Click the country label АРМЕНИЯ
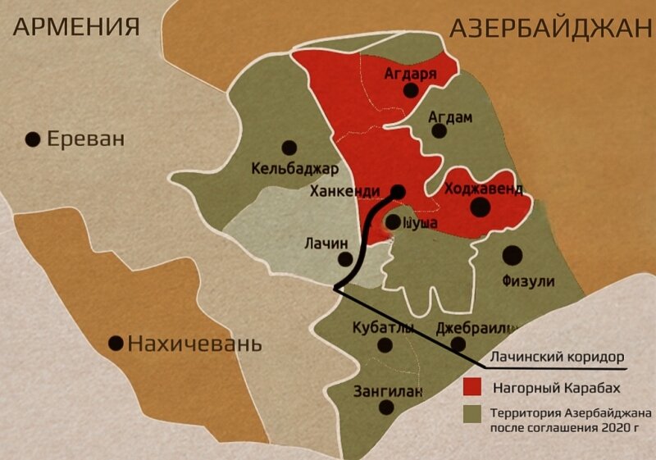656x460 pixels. pyautogui.click(x=76, y=26)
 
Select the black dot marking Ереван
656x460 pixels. pyautogui.click(x=33, y=139)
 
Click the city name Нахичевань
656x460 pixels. pyautogui.click(x=194, y=344)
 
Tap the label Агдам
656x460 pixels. pyautogui.click(x=451, y=117)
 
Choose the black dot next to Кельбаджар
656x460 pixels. pyautogui.click(x=289, y=148)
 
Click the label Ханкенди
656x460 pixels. pyautogui.click(x=344, y=192)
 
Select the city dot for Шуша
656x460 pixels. pyautogui.click(x=393, y=221)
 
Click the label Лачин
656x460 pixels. pyautogui.click(x=326, y=243)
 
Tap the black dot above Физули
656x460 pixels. pyautogui.click(x=513, y=255)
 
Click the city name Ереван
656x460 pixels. pyautogui.click(x=85, y=139)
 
